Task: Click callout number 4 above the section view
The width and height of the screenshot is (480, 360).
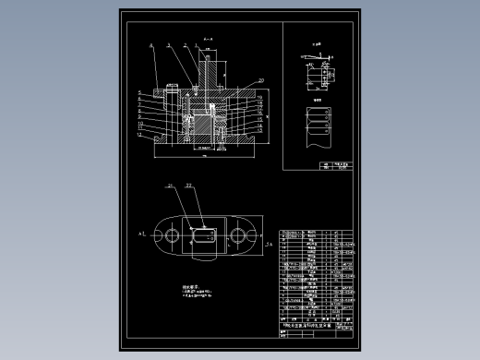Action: coord(150,44)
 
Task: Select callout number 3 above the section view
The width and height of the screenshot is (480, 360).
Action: coord(168,44)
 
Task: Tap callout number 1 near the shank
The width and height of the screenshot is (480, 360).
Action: coord(196,44)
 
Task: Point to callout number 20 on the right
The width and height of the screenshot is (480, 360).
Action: coord(262,80)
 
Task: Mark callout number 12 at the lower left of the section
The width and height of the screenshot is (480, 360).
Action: coord(138,136)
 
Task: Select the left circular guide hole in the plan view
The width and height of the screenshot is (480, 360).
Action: coord(169,237)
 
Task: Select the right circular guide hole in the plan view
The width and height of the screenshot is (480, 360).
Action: coord(239,237)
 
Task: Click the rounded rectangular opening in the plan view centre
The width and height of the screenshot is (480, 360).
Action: coord(203,237)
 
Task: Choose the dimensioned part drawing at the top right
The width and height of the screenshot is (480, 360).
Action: coord(317,74)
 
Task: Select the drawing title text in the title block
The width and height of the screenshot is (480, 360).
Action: coord(307,341)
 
